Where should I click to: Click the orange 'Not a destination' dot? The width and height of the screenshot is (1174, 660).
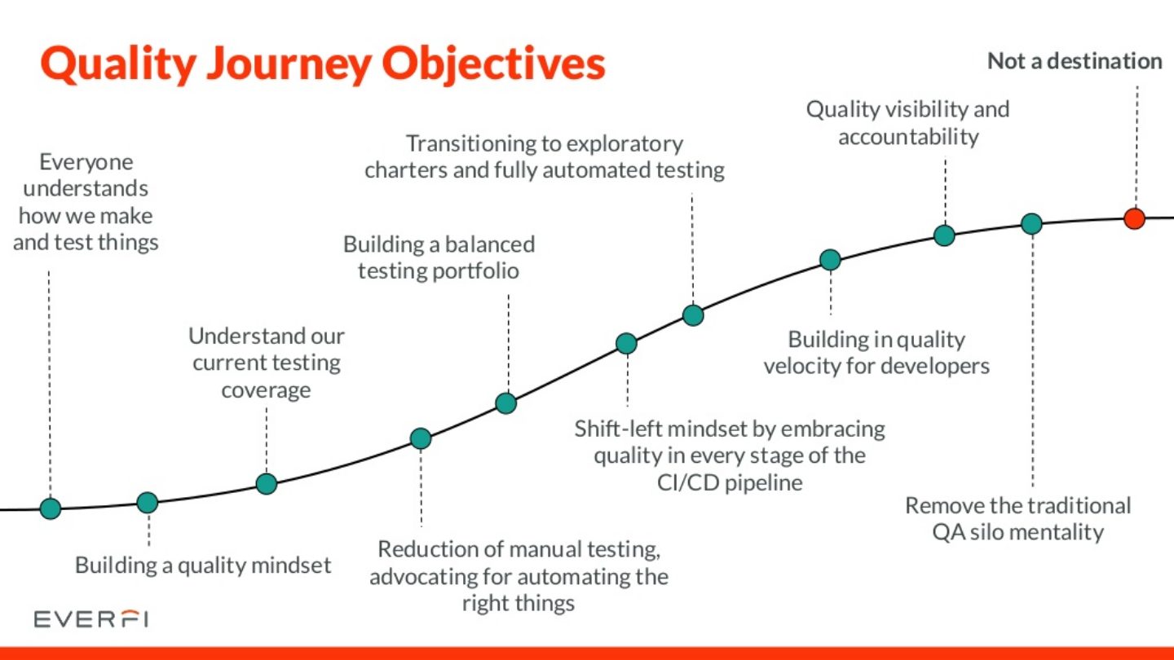coord(1134,218)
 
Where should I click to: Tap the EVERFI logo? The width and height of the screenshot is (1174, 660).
coord(90,620)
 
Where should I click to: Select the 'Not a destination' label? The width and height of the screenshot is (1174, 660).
coord(1075,61)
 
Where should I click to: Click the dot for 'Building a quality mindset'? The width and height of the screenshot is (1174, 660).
coord(147,502)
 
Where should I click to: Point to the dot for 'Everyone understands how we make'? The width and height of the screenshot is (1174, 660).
coord(51,509)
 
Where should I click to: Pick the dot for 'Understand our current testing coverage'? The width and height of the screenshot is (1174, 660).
coord(267,483)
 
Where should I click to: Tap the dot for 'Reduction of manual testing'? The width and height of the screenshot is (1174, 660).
coord(420,438)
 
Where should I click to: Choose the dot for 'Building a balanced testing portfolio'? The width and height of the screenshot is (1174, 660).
coord(506,403)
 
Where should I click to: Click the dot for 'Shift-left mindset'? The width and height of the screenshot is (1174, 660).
coord(626,343)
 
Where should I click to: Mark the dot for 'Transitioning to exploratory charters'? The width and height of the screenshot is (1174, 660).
coord(693,315)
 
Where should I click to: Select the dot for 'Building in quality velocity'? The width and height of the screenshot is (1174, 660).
coord(830,260)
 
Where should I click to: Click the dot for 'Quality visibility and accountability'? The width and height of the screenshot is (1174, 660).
coord(944,235)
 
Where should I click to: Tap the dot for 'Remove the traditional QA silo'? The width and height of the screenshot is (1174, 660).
coord(1031,223)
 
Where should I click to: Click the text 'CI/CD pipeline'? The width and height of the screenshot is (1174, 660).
coord(730,482)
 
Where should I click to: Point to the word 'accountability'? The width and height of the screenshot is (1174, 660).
coord(908,137)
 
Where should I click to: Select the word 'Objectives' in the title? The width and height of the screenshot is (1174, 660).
coord(497,64)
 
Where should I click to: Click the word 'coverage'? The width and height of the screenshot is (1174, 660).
coord(266,390)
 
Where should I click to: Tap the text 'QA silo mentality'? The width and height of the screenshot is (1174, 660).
coord(1018,533)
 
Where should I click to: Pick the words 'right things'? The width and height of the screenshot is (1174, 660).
coord(518,604)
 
